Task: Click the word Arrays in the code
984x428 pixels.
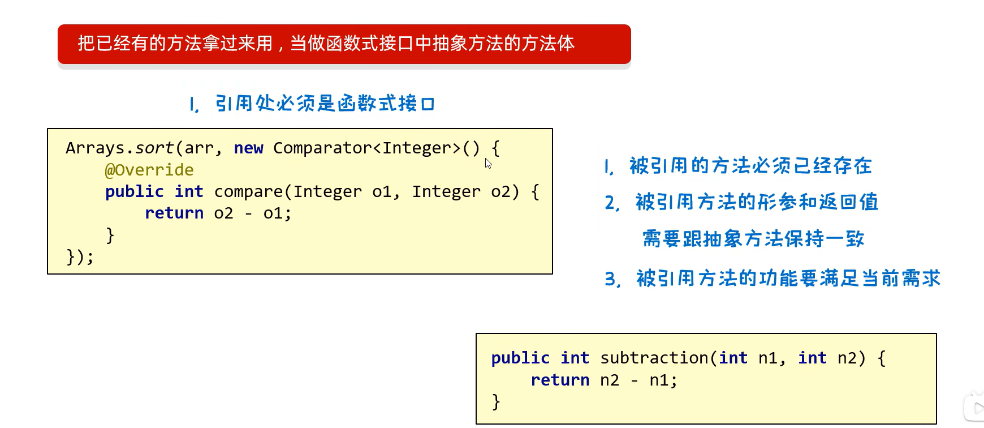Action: [94, 148]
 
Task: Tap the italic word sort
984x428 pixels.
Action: [154, 148]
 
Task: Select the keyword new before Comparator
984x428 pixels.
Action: [248, 148]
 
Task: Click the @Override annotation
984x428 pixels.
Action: [149, 170]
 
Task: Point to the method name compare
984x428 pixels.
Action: [248, 192]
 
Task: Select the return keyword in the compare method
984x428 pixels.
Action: [174, 213]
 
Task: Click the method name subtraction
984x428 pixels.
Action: [654, 358]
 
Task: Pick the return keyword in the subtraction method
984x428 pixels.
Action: [560, 380]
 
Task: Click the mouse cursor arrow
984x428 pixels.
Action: [488, 164]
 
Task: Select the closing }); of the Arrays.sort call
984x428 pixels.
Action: [80, 257]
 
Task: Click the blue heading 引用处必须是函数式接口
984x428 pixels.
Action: [325, 104]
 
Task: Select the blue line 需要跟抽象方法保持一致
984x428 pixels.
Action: [753, 239]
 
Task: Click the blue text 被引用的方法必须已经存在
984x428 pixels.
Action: [750, 166]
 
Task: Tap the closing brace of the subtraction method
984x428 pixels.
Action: [496, 402]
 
